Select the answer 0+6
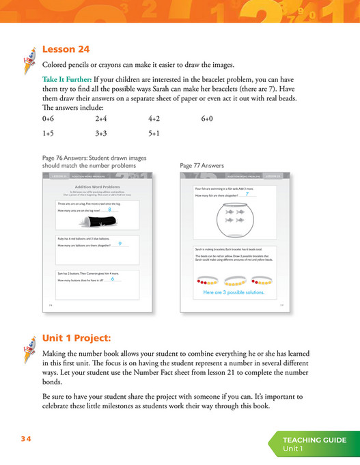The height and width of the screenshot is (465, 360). pos(48,118)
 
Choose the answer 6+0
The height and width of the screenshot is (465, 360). pos(208,118)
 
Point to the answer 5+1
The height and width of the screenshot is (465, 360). pos(154,133)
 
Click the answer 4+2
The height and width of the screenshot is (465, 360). pos(154,118)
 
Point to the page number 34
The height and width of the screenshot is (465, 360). pos(25,439)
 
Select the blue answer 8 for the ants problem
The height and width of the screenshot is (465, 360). pos(109,210)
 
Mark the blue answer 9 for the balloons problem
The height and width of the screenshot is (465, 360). pos(120,243)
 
